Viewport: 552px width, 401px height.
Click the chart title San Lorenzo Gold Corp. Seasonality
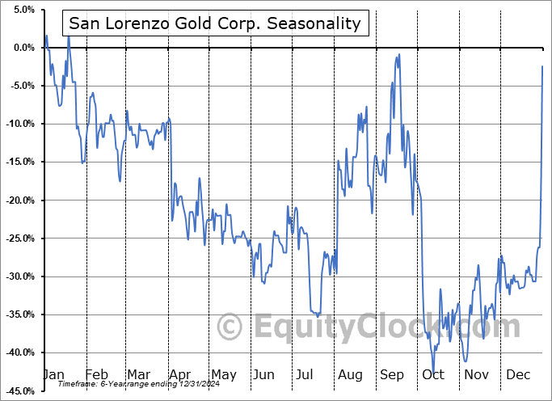pos(214,23)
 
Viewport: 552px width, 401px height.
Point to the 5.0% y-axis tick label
pos(21,10)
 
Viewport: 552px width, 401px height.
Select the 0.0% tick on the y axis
pos(21,48)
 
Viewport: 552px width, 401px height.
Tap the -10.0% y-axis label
pos(18,124)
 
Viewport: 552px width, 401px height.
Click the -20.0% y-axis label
pos(18,200)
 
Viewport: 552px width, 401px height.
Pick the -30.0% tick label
pos(18,276)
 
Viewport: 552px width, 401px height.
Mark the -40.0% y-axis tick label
pos(18,352)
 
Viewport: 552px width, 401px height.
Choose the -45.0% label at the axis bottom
pos(18,391)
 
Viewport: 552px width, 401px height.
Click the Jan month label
pos(53,375)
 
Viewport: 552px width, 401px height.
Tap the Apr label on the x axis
pos(181,375)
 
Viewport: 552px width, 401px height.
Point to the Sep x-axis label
pos(391,375)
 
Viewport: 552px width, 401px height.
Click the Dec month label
pos(517,375)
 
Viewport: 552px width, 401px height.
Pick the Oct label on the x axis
pos(433,375)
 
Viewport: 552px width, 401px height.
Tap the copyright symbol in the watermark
pos(230,327)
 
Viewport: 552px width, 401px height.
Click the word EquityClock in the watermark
pos(348,327)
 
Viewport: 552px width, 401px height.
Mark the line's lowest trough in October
pos(433,373)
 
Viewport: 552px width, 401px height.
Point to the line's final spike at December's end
pos(542,66)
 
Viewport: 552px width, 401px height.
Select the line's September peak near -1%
pos(397,55)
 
